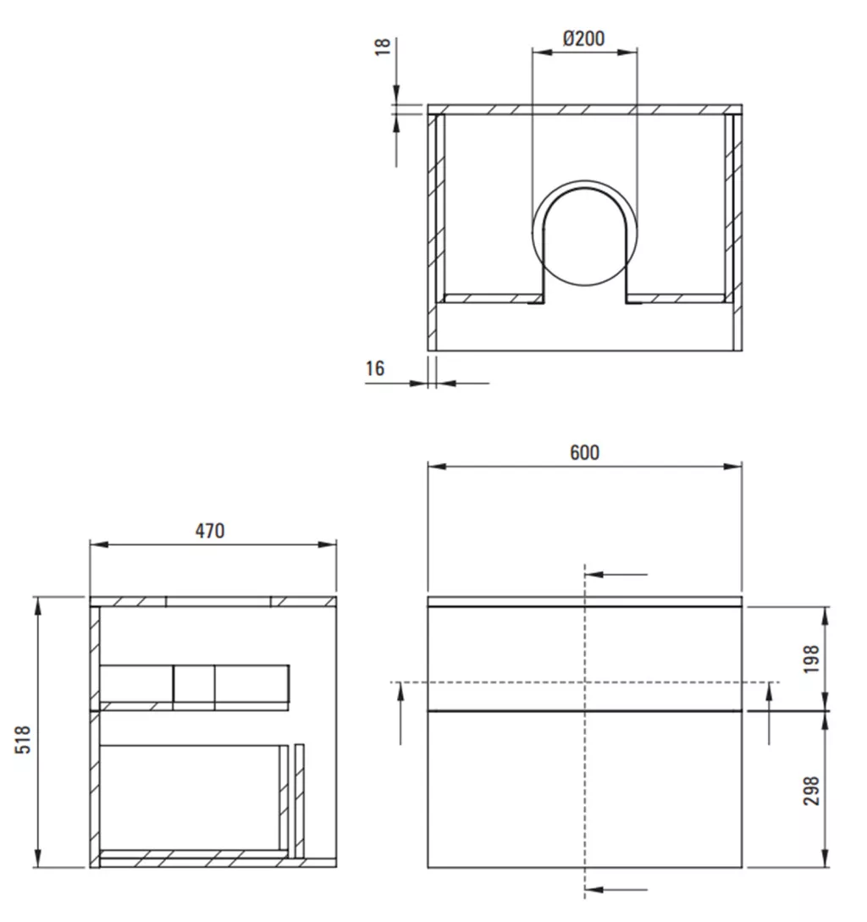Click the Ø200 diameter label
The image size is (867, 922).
[x=583, y=38]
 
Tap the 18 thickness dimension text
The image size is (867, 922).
[x=383, y=47]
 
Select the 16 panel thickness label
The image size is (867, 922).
[x=375, y=368]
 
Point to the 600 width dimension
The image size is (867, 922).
[x=585, y=452]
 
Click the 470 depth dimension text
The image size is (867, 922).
[x=210, y=531]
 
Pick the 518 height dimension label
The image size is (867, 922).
[x=22, y=739]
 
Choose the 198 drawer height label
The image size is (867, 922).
[x=811, y=660]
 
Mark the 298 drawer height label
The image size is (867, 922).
[x=811, y=791]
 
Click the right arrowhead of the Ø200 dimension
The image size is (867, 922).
[x=628, y=52]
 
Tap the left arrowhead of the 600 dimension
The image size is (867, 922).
[x=437, y=467]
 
